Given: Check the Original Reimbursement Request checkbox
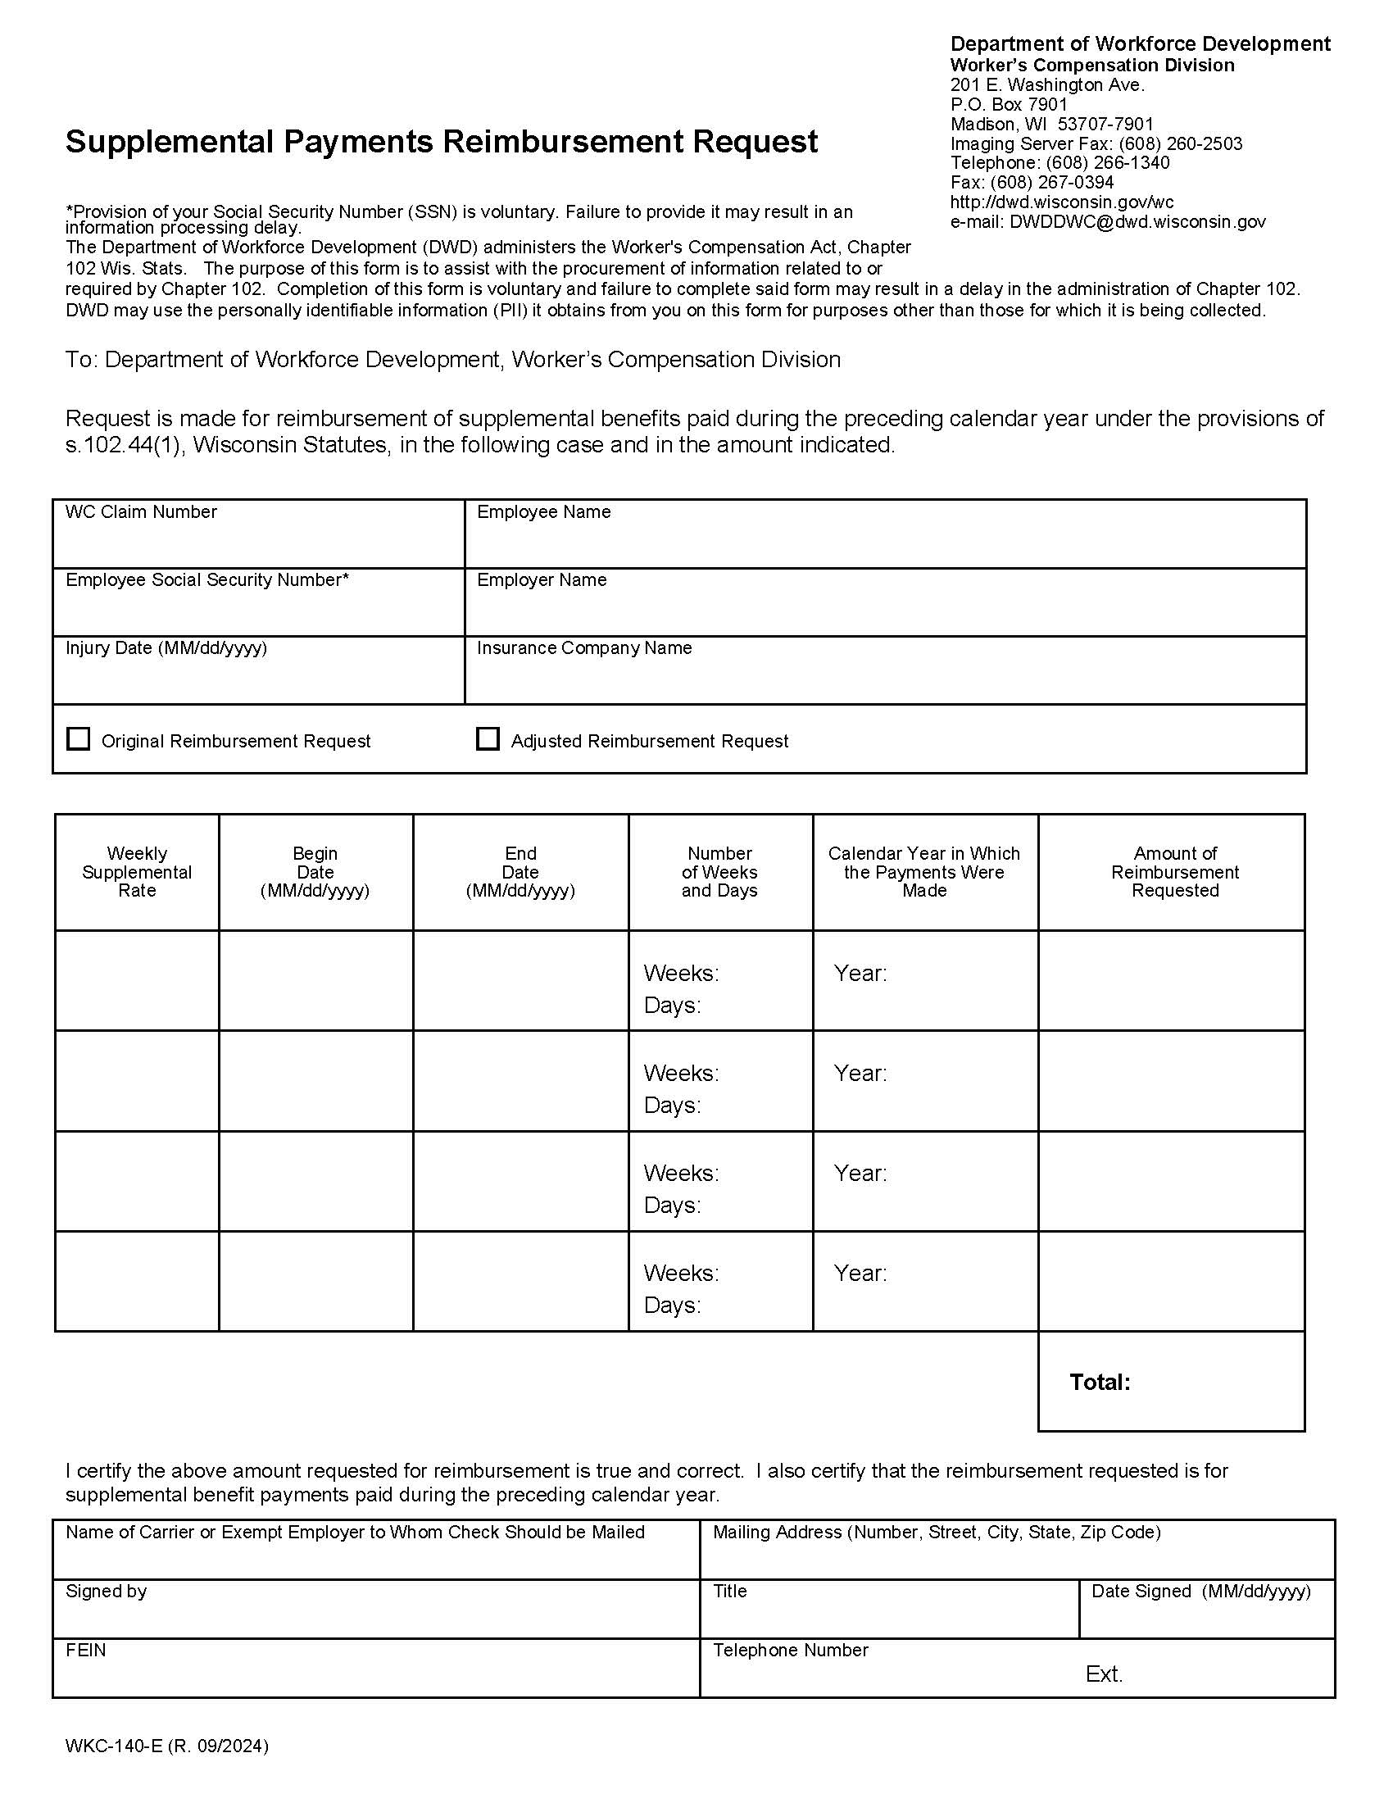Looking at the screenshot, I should (79, 739).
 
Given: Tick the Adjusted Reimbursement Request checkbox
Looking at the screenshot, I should (488, 739).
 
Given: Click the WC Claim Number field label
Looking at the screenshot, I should (141, 512).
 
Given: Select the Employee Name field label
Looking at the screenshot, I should (544, 512).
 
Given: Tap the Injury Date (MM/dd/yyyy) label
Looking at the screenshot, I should (166, 648).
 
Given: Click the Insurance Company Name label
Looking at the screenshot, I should (583, 648).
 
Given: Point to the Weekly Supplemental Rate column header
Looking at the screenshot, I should (137, 872).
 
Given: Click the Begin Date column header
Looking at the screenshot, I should (315, 872).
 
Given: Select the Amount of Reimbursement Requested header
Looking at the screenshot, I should (1174, 872).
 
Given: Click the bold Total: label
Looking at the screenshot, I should (1099, 1382).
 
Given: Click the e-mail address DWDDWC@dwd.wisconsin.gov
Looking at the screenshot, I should (1137, 221).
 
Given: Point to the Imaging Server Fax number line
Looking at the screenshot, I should (1096, 143).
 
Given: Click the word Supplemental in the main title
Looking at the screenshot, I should (169, 142).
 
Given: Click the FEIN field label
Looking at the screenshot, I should (86, 1651).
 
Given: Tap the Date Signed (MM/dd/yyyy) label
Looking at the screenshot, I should (1200, 1591).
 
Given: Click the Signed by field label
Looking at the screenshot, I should (107, 1591).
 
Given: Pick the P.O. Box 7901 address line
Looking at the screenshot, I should (1009, 105).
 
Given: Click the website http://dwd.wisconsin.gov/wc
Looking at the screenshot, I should (1061, 202).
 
